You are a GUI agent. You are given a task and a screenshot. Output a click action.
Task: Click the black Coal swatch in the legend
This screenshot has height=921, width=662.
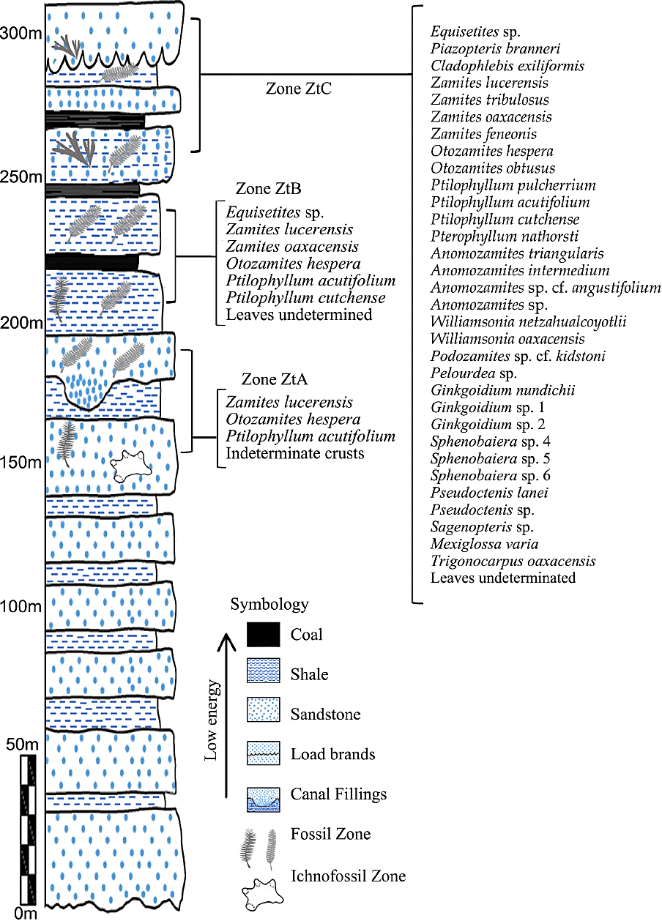[263, 634]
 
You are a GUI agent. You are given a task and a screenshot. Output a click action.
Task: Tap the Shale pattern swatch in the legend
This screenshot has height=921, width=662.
[263, 674]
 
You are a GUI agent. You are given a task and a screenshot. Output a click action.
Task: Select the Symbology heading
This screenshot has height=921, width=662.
[269, 605]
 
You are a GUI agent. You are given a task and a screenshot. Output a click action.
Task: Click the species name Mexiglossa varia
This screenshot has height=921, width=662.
[484, 544]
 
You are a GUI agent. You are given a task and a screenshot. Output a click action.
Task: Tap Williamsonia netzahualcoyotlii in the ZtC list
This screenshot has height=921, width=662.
[528, 322]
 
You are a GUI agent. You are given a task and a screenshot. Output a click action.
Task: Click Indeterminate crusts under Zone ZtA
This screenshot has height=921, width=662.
[294, 454]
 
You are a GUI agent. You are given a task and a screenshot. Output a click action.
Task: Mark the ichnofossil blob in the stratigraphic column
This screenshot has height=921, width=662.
[130, 465]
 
